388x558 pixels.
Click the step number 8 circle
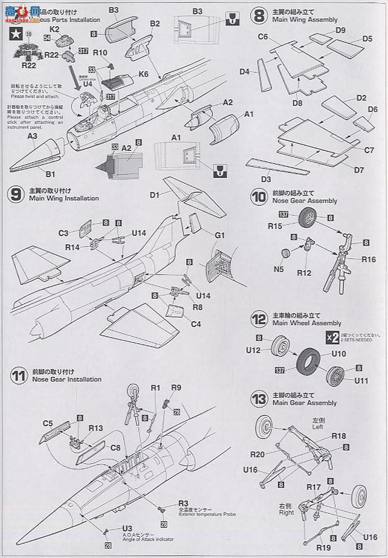pos(259,15)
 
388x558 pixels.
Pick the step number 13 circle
pos(259,399)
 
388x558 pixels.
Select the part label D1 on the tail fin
pos(154,195)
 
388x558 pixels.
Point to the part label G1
pos(219,233)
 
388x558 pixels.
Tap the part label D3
pos(265,179)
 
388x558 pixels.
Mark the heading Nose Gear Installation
pos(66,380)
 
